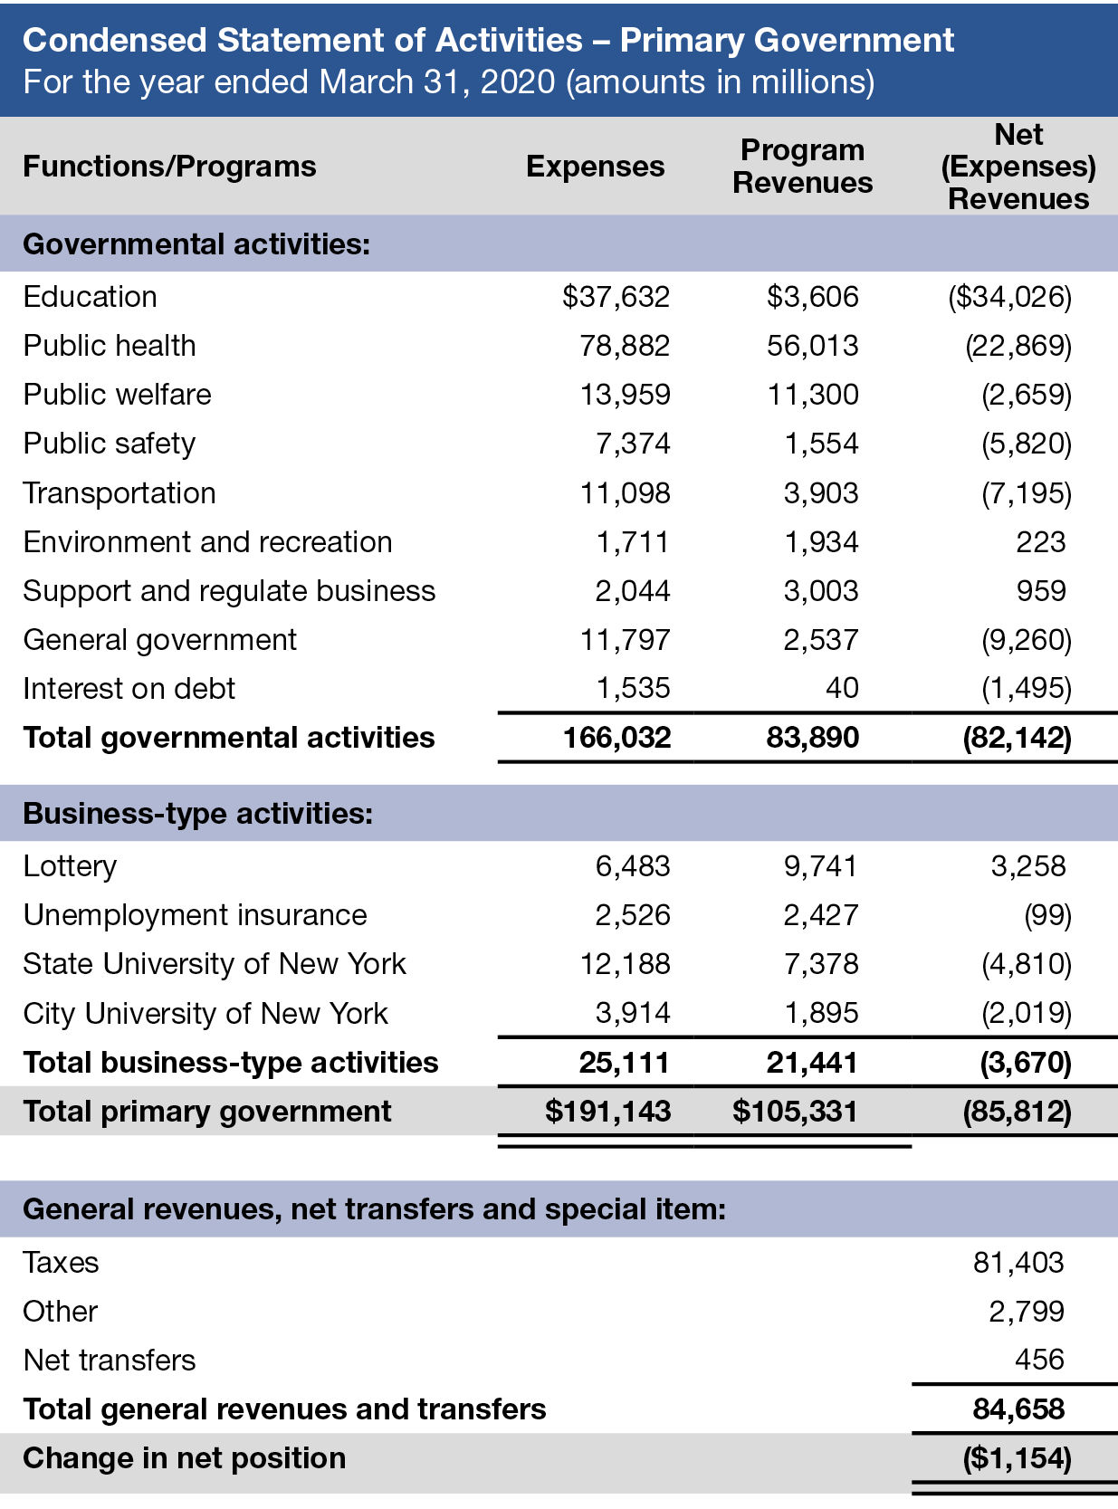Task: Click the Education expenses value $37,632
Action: tap(616, 297)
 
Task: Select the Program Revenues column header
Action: tap(802, 167)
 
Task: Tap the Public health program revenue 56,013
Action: tap(812, 346)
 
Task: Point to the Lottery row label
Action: tap(70, 866)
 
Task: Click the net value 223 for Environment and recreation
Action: tap(1040, 542)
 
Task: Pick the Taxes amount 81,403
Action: tap(1018, 1263)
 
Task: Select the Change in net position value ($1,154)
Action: tap(1018, 1458)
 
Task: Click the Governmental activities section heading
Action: tap(196, 244)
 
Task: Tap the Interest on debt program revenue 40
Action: tap(841, 689)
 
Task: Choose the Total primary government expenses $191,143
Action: tap(607, 1112)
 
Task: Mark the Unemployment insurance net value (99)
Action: tap(1047, 915)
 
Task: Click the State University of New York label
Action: tap(215, 964)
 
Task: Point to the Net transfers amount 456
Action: tap(1039, 1360)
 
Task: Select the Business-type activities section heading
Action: tap(197, 814)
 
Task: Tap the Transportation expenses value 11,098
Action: tap(625, 493)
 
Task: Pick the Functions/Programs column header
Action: tap(169, 167)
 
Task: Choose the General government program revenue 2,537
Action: tap(820, 640)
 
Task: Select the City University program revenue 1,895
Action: tap(820, 1013)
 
